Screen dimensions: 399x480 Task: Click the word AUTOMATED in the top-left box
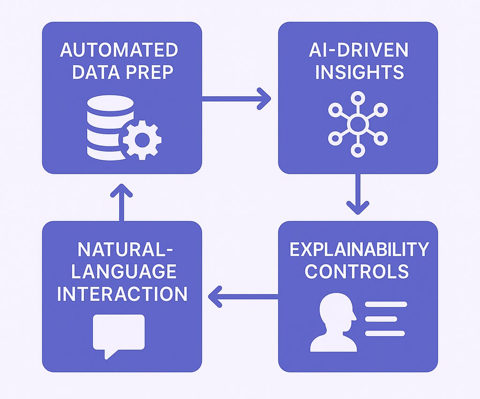pos(119,50)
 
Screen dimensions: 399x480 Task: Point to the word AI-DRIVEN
pos(358,50)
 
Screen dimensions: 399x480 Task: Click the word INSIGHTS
pos(358,73)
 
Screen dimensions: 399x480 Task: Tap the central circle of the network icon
pos(358,124)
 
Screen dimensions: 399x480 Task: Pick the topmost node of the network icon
pos(358,98)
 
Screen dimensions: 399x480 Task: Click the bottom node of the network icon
pos(358,150)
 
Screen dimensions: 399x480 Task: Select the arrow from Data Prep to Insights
pos(236,99)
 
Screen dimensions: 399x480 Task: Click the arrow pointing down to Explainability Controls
pos(358,194)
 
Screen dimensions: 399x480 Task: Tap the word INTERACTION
pos(122,294)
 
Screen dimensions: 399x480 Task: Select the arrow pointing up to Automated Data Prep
pos(122,202)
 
